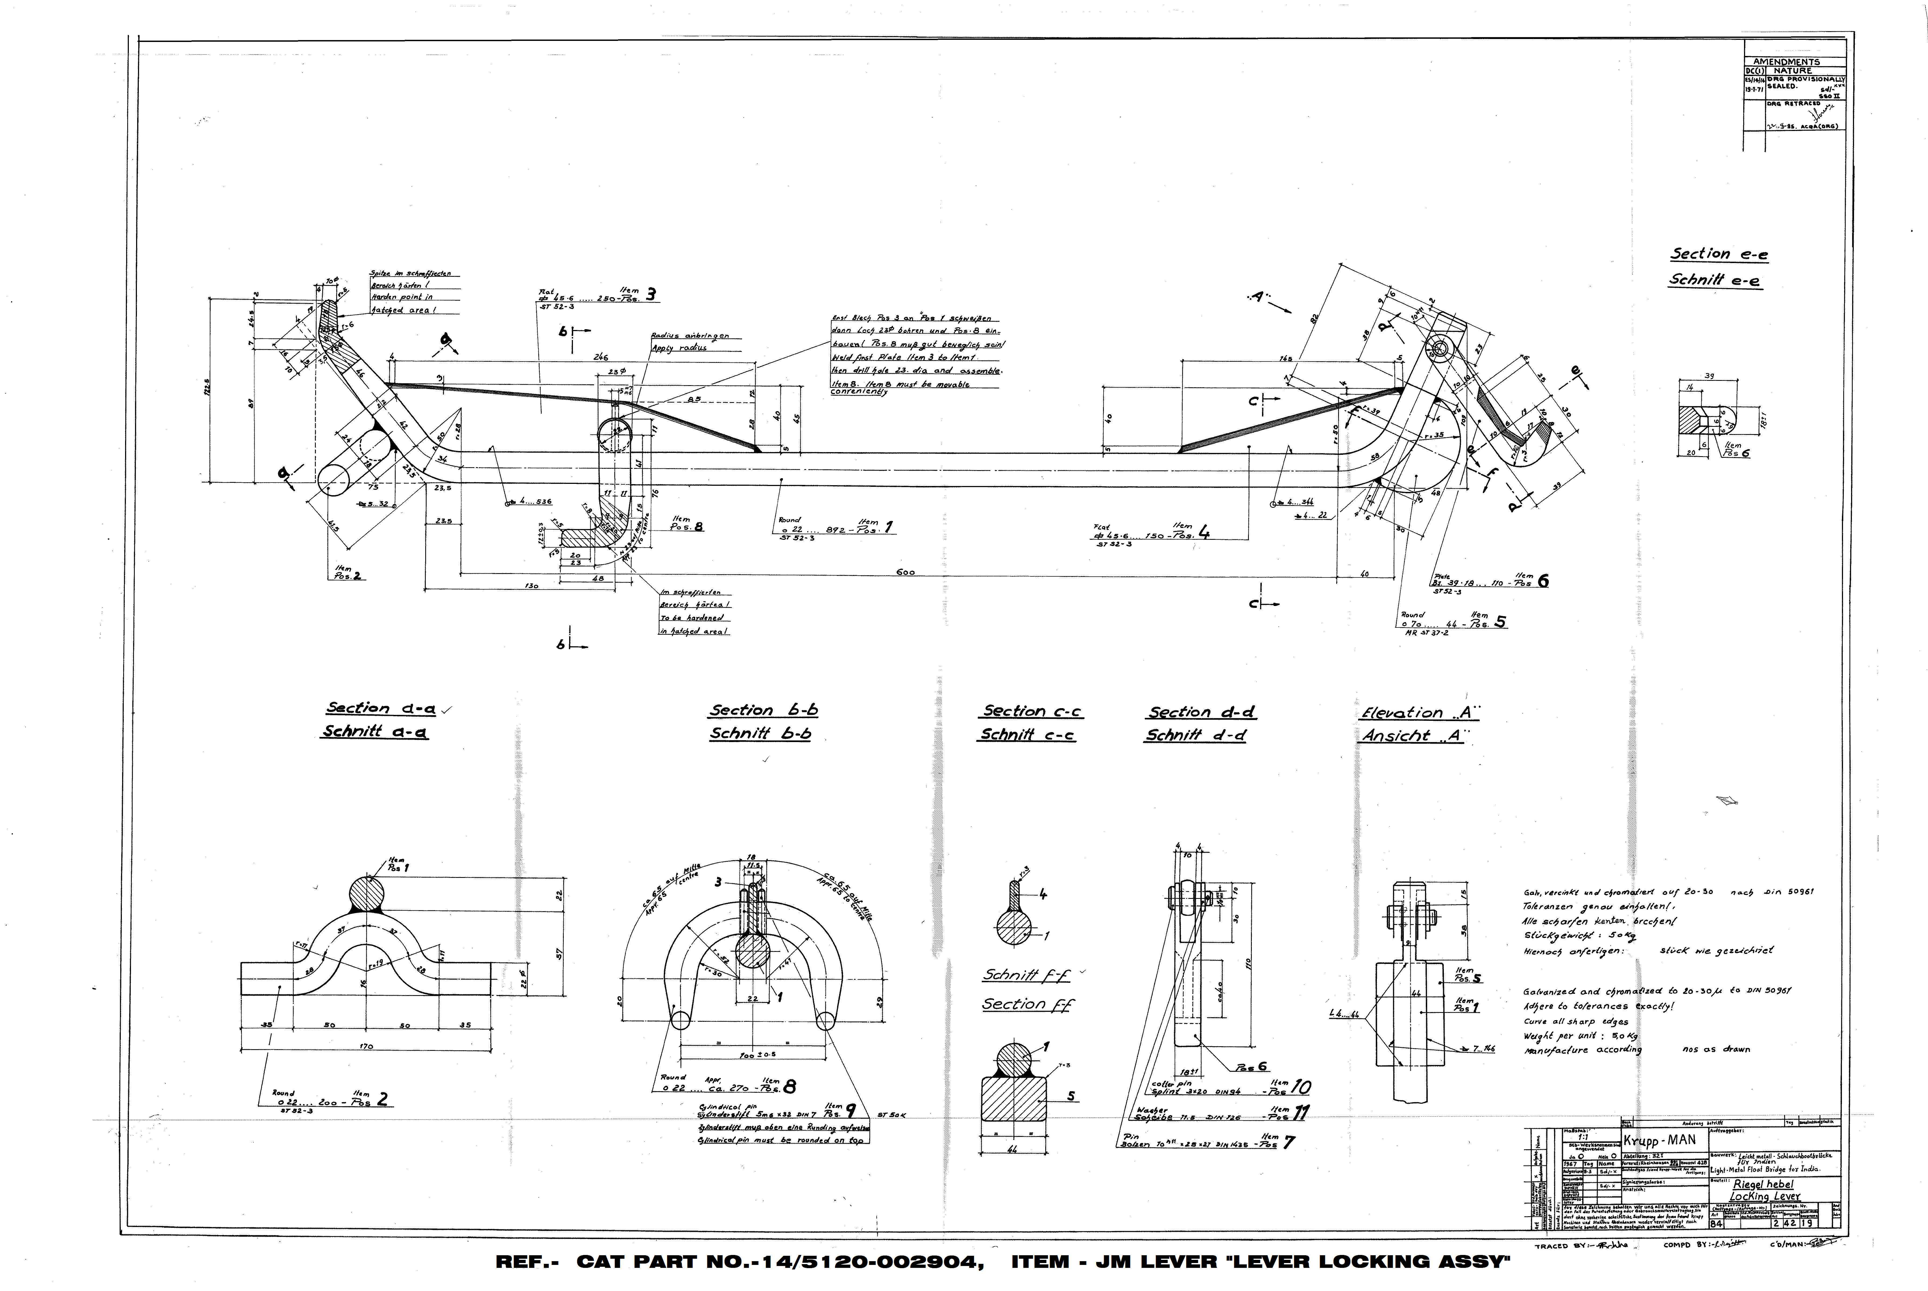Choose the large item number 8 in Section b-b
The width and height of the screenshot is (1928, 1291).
[789, 1087]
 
